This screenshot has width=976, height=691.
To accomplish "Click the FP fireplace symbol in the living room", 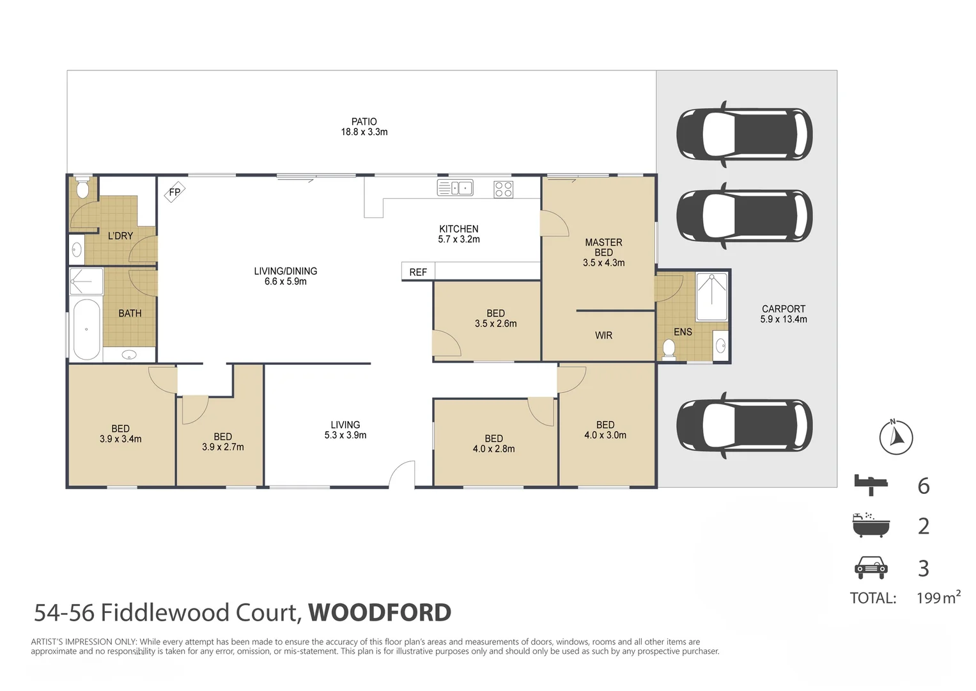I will (x=174, y=192).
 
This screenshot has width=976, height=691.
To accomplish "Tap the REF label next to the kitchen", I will (x=418, y=272).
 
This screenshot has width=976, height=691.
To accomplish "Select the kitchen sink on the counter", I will (x=455, y=188).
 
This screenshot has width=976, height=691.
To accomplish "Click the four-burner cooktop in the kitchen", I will (x=503, y=189).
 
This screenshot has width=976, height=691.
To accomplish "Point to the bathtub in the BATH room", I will (x=86, y=330).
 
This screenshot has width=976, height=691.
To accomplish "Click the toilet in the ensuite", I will (x=669, y=349).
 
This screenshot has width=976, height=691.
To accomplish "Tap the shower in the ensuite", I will (x=711, y=297).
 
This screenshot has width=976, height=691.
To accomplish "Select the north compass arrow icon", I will (x=895, y=438).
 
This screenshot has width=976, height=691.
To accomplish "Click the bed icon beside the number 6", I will (x=871, y=484).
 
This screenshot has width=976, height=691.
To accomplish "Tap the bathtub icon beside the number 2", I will (x=871, y=525).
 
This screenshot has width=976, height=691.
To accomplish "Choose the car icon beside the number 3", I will (x=871, y=567).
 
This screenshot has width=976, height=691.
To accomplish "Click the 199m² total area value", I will (x=938, y=598).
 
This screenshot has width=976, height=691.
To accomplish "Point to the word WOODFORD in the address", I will (x=380, y=612).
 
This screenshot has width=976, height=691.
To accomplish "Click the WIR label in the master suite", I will (x=603, y=335).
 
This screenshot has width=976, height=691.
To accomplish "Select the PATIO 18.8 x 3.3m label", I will (x=364, y=127).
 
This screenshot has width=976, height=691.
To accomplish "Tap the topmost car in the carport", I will (x=744, y=134).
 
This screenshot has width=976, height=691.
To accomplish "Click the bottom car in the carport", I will (x=744, y=425).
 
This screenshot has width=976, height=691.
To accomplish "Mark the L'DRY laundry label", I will (x=120, y=235).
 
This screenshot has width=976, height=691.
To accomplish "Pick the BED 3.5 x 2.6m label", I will (x=495, y=319).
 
